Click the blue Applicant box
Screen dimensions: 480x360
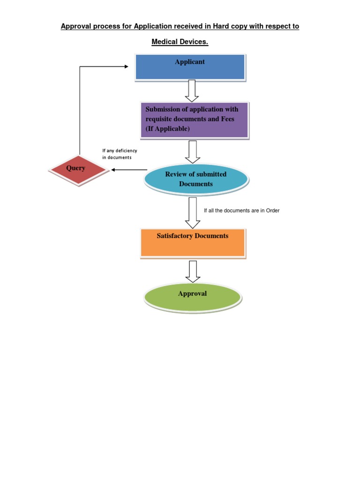(190, 67)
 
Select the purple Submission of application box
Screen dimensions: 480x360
(194, 120)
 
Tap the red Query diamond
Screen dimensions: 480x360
(79, 169)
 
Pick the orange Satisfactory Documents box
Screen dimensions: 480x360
(193, 242)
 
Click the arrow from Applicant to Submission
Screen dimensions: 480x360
(192, 90)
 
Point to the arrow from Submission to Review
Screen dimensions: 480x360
(193, 151)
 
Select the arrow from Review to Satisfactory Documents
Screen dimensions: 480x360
(193, 212)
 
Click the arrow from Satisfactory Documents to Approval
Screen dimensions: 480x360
(193, 271)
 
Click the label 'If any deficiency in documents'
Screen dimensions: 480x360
(120, 154)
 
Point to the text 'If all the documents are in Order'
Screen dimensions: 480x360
(241, 210)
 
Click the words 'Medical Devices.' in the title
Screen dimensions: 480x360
(180, 42)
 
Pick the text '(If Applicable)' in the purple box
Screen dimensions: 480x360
(167, 129)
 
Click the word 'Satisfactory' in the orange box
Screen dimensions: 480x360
(175, 236)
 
